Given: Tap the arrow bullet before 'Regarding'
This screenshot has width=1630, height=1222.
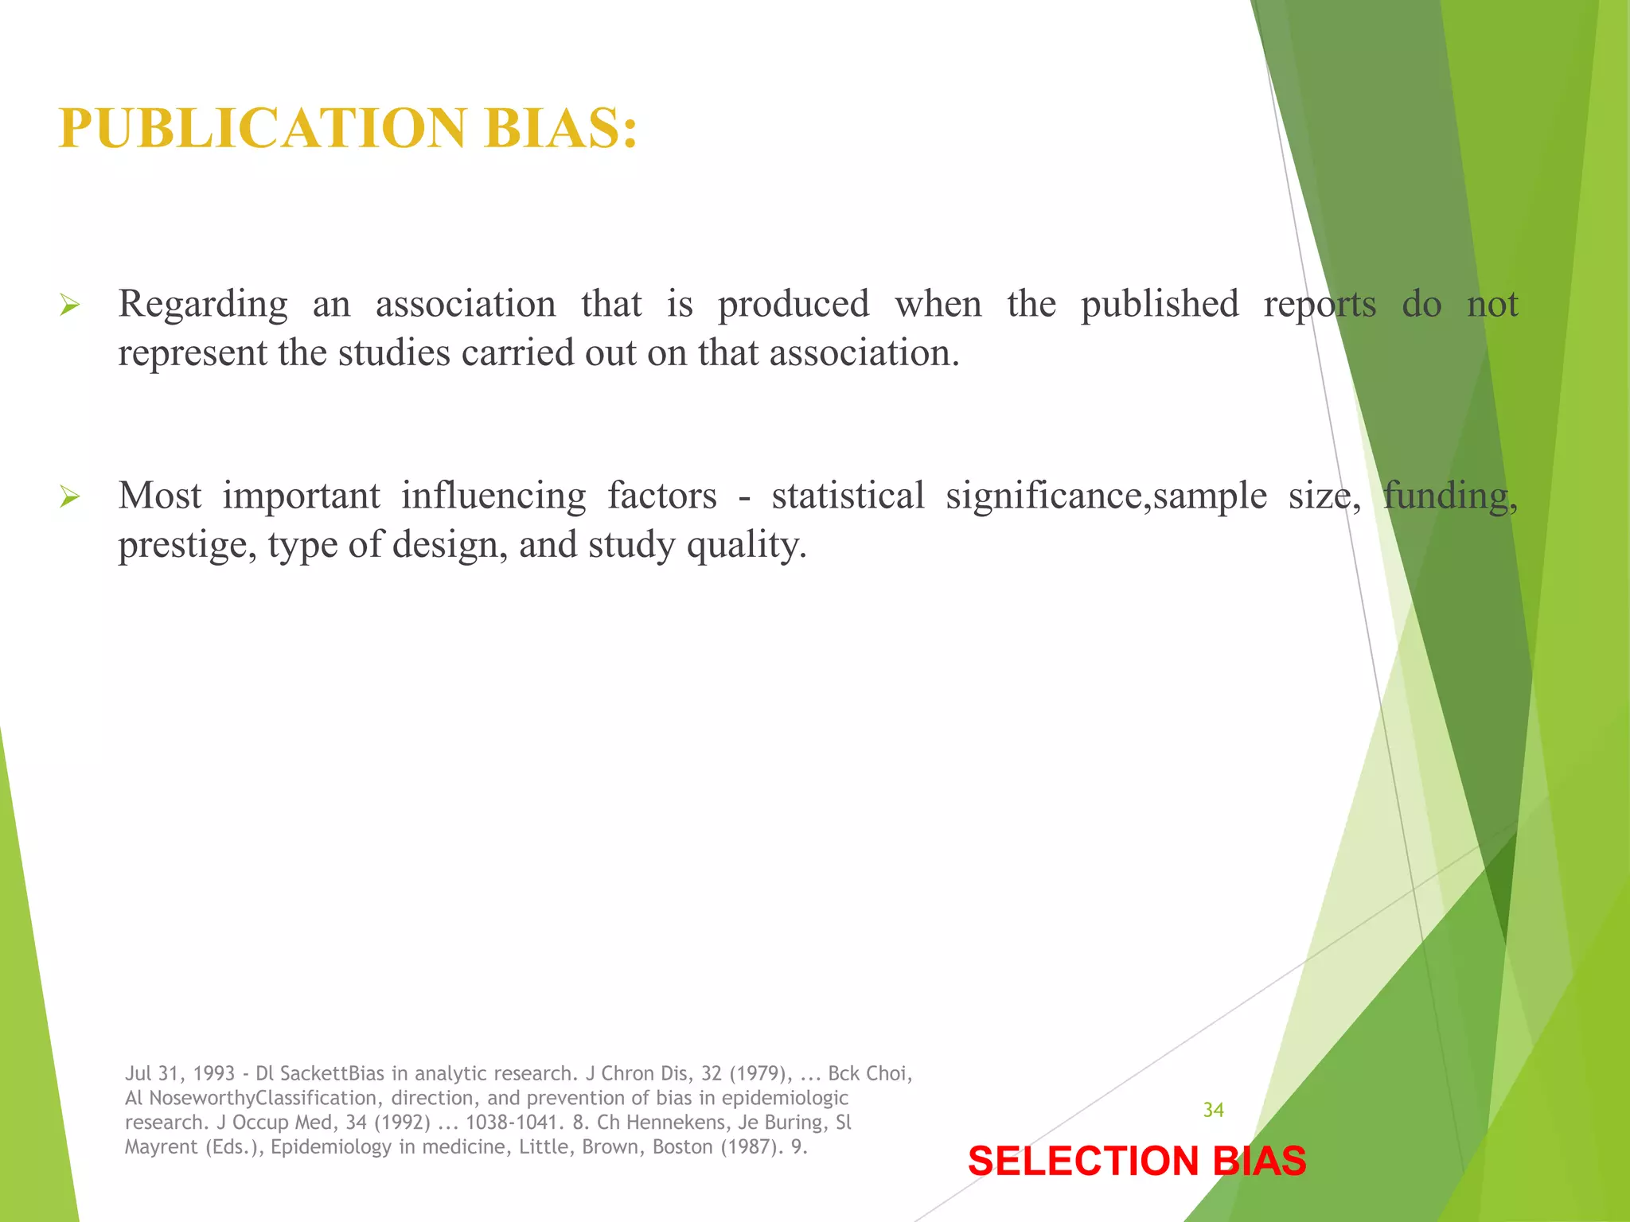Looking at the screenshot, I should tap(70, 305).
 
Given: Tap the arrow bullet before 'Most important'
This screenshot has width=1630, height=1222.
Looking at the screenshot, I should tap(70, 498).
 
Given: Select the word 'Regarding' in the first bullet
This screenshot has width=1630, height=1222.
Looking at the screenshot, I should tap(203, 305).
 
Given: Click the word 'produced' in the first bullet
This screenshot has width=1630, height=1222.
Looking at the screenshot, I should tap(794, 305).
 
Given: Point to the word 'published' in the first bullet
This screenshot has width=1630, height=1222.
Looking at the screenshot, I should tap(1160, 305).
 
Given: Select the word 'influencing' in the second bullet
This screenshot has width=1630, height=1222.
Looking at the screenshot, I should tap(493, 496).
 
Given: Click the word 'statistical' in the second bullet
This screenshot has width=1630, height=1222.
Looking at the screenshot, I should tap(848, 496).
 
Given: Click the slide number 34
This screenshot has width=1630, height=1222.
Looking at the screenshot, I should tap(1213, 1110).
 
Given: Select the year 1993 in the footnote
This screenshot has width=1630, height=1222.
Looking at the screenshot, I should tap(213, 1074).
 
